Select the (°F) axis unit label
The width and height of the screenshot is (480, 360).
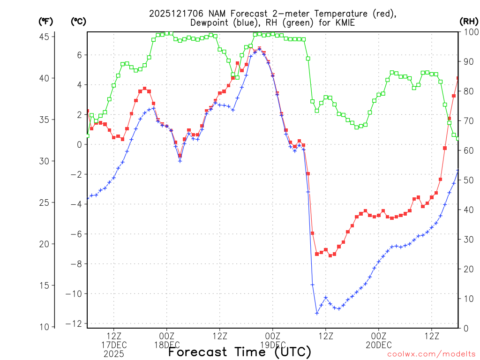click(46, 21)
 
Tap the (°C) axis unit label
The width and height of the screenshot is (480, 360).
click(78, 21)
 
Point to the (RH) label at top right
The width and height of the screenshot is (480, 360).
click(469, 21)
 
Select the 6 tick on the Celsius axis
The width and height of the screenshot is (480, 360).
click(80, 55)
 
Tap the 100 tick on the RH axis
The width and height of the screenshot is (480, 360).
click(469, 32)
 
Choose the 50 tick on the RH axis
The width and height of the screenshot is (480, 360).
click(467, 180)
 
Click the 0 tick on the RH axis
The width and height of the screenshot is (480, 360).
click(465, 328)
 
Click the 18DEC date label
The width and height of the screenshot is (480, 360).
click(166, 345)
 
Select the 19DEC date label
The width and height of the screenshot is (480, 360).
click(273, 345)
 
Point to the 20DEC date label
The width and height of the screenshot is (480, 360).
click(379, 345)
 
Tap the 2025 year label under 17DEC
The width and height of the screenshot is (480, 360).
click(113, 354)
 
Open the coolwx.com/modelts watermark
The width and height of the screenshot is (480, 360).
click(431, 354)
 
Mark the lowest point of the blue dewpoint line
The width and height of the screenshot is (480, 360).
click(317, 313)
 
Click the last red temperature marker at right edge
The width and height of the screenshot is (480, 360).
click(458, 78)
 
